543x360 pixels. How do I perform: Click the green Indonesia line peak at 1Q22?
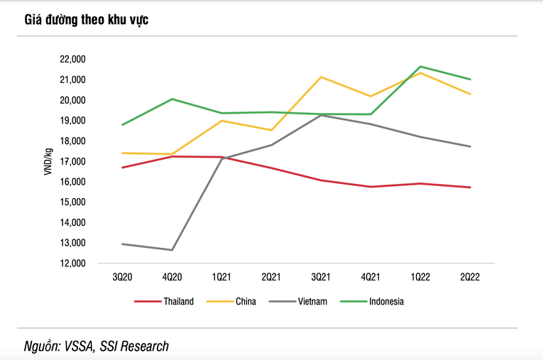click(x=420, y=67)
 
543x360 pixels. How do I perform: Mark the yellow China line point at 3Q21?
click(x=321, y=77)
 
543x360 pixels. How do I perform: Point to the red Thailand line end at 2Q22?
click(x=470, y=187)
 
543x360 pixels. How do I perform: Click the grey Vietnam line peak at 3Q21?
click(x=321, y=115)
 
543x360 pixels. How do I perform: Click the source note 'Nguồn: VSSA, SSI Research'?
click(x=97, y=347)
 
